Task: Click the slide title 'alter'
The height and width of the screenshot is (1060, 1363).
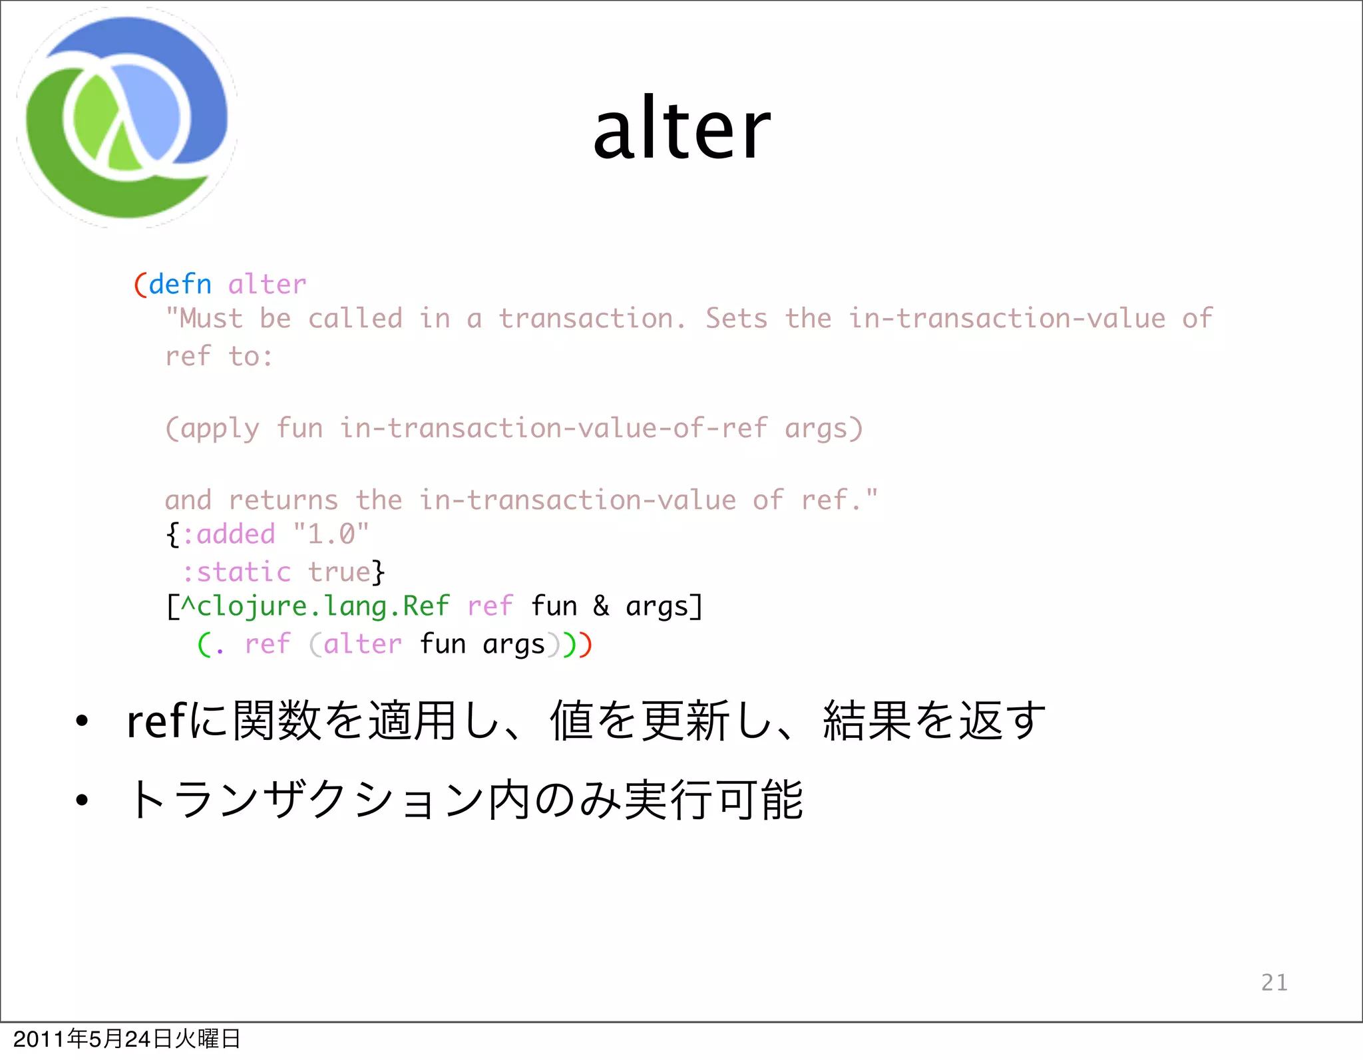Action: pos(681,130)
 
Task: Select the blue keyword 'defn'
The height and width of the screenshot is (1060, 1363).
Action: pos(180,285)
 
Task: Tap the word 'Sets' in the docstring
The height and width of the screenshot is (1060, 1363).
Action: pos(736,319)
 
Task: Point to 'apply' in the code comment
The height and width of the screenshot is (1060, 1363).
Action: pos(220,429)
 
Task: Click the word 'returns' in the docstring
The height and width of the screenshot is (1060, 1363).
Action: pos(284,500)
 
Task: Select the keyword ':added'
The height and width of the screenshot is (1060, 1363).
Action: pos(228,534)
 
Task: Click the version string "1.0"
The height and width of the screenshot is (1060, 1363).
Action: pos(331,534)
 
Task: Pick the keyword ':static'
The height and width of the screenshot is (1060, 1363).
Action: pos(236,572)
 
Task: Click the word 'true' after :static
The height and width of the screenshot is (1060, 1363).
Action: pos(339,572)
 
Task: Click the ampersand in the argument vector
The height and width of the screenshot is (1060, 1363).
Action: pos(601,606)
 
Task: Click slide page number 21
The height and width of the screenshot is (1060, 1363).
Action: pos(1274,982)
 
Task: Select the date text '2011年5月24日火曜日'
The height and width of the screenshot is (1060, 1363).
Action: pos(126,1039)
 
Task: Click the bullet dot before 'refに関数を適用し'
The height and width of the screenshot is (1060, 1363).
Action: pos(81,721)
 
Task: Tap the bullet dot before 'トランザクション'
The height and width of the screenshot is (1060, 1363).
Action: pos(81,800)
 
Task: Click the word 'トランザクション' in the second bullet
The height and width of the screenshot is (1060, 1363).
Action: pos(306,800)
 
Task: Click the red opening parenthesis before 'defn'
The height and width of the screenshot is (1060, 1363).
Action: pos(140,285)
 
